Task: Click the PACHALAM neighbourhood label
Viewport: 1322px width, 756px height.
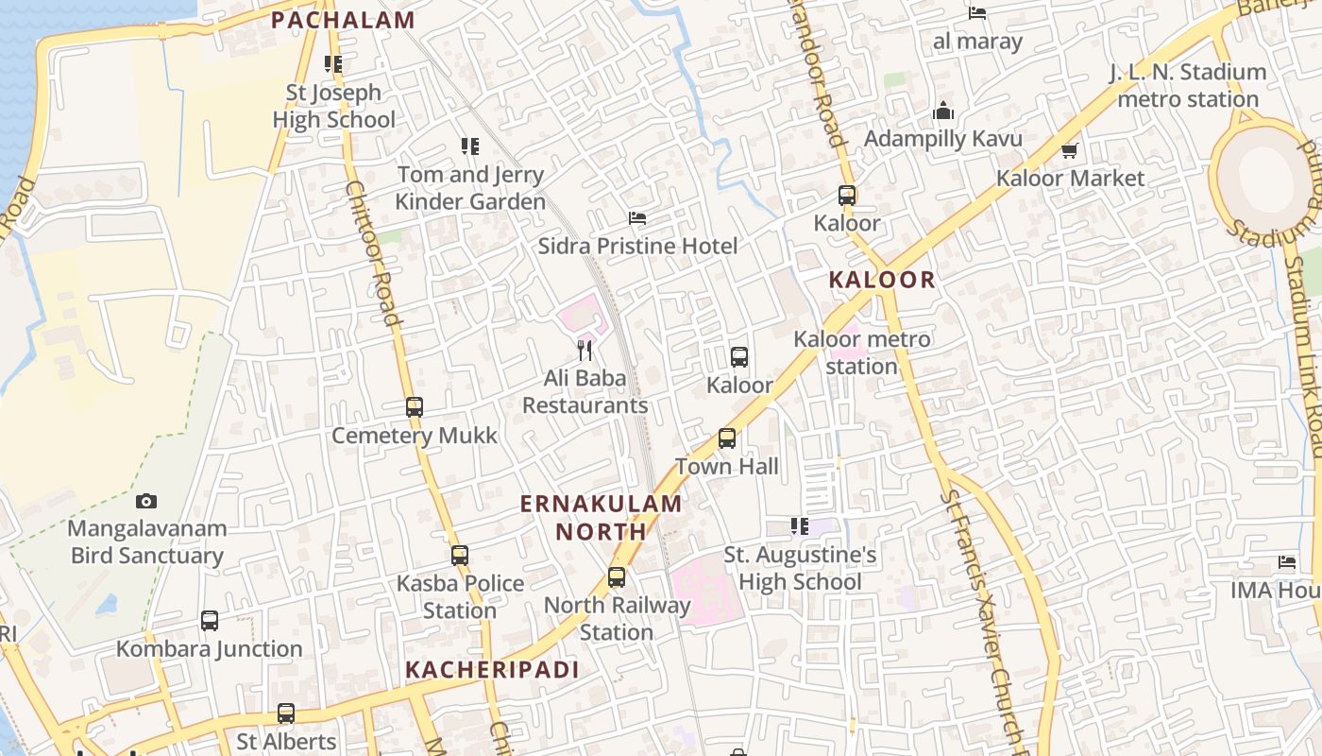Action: pos(343,20)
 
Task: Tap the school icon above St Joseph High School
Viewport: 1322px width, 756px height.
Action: pos(333,64)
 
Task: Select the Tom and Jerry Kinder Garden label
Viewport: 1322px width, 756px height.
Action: pos(470,188)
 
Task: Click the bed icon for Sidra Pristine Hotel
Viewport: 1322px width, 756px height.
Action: pos(637,218)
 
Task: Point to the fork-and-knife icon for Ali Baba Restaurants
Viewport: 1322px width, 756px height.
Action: pos(585,351)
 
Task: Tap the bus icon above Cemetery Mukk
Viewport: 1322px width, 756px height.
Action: pos(415,407)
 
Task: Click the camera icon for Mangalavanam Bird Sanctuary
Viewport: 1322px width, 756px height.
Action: pos(146,501)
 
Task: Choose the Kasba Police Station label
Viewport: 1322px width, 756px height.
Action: pos(460,596)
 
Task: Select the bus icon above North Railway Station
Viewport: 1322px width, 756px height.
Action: pos(617,576)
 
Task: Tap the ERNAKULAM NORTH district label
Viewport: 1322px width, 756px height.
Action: pos(602,517)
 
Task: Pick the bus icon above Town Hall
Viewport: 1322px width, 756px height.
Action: pos(727,438)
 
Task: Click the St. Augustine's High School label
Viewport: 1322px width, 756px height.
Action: pos(801,568)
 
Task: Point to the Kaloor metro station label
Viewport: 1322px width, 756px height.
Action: pos(861,352)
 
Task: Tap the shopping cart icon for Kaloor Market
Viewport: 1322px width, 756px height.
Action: pos(1070,150)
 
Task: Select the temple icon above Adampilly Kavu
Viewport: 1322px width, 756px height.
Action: pos(942,112)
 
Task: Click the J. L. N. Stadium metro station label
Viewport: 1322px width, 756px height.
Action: pos(1187,85)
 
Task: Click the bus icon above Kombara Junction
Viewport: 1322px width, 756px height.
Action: pos(210,621)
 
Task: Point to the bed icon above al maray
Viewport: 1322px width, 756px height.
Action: pos(977,13)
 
